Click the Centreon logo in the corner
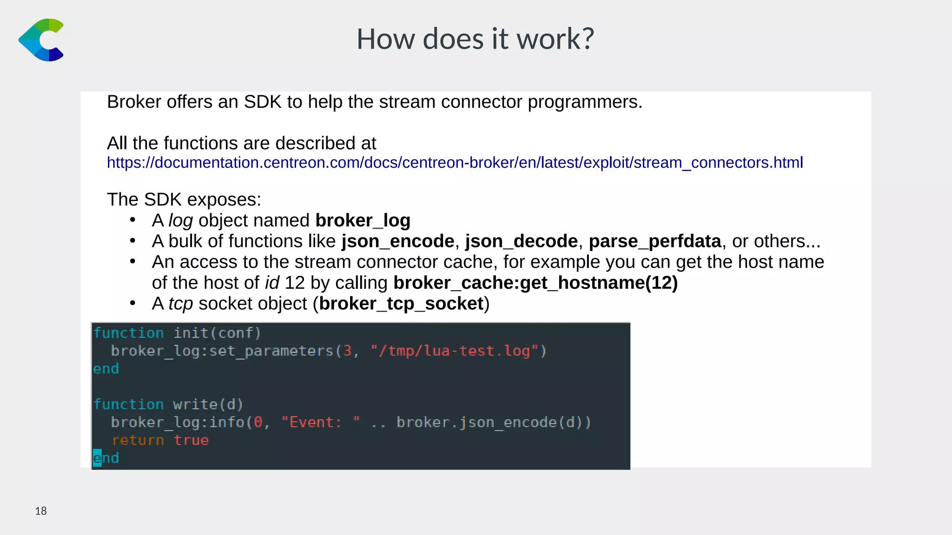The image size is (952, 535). (x=41, y=40)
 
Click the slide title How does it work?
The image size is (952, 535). (x=475, y=39)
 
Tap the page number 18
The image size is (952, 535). (x=41, y=511)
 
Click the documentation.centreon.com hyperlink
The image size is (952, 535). (x=455, y=163)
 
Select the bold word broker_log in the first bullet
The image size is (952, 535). (x=363, y=220)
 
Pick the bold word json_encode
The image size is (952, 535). (x=397, y=241)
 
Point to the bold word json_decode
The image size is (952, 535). (x=521, y=241)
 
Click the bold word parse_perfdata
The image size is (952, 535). (x=654, y=241)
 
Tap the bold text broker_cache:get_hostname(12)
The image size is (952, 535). (x=535, y=282)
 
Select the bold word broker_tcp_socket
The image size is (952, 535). (x=402, y=303)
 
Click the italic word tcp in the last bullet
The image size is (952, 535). (x=180, y=303)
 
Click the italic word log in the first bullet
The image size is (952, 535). (x=180, y=220)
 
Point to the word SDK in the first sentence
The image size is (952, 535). (x=263, y=102)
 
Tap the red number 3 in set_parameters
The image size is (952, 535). (x=347, y=351)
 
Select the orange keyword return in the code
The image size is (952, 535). (x=138, y=440)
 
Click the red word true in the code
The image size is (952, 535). (x=191, y=440)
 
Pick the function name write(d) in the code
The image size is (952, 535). (x=208, y=404)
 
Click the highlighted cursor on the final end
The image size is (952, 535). (x=97, y=458)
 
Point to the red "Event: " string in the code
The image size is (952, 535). (x=320, y=422)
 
